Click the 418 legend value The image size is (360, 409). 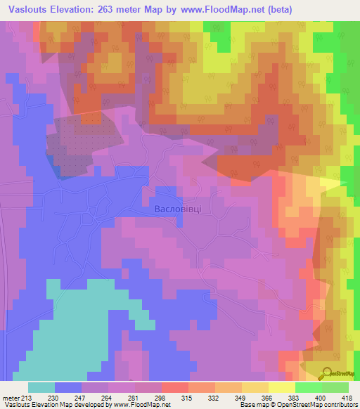pos(348,398)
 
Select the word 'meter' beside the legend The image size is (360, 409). pos(11,398)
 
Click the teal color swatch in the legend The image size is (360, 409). pos(41,387)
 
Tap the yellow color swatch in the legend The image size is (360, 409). pos(282,387)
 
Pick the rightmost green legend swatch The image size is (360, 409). pos(335,387)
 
